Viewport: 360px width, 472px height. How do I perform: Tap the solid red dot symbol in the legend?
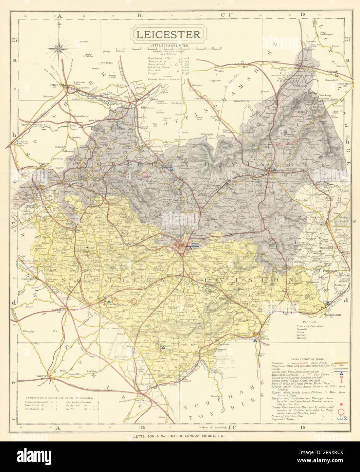click(341, 404)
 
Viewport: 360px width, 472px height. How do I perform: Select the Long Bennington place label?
click(325, 33)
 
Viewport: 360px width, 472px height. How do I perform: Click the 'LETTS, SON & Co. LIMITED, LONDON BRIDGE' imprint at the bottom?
click(180, 435)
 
